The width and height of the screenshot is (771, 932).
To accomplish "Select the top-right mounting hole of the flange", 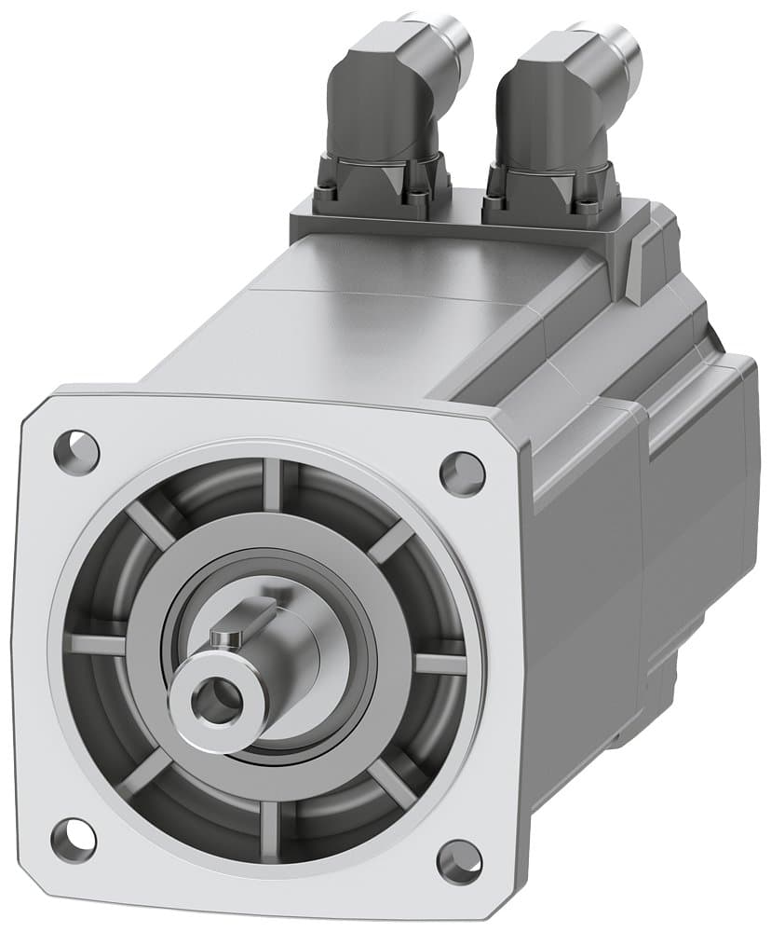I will (x=462, y=474).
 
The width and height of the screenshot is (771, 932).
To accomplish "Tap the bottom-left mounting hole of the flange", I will (x=73, y=839).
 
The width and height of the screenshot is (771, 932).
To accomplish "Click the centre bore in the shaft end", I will (x=220, y=696).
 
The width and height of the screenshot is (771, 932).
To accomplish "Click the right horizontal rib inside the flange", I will (x=440, y=664).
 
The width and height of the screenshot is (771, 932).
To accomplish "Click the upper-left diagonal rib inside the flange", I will (x=149, y=527).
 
